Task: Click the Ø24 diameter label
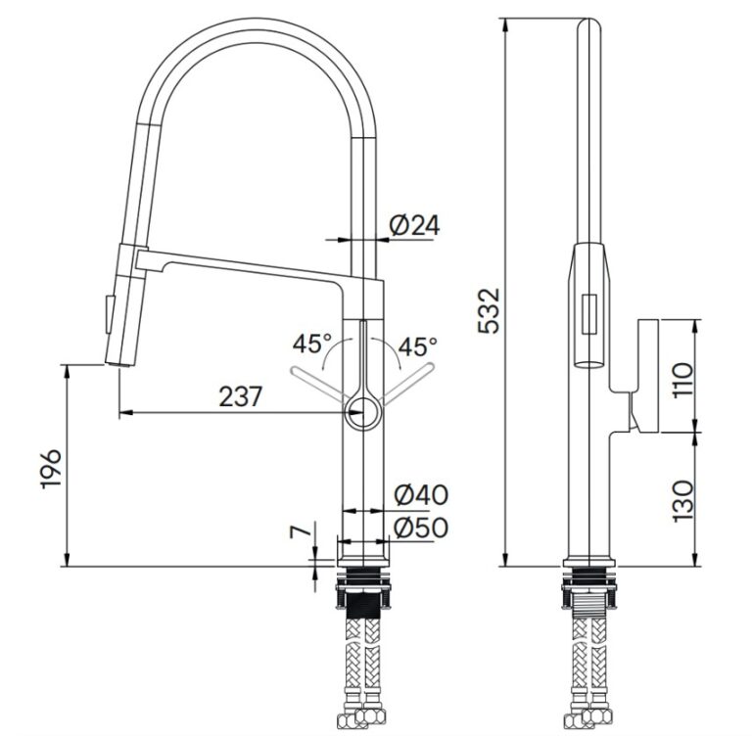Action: click(414, 225)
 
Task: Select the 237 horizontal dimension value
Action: click(241, 396)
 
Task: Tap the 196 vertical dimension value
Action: click(51, 469)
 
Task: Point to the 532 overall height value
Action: click(490, 310)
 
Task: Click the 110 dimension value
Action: click(682, 380)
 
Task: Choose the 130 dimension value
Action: click(682, 501)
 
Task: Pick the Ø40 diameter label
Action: click(421, 495)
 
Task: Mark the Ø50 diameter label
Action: click(421, 527)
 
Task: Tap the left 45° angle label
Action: click(311, 344)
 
